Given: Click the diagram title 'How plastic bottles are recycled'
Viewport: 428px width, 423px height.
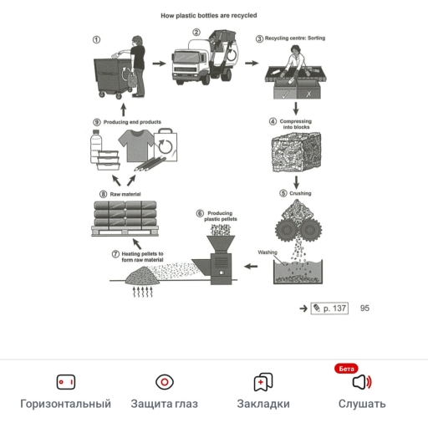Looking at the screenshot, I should click(x=208, y=16).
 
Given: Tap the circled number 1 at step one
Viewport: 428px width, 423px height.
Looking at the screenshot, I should click(x=96, y=38).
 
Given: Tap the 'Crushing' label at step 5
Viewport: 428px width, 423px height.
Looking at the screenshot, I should click(x=299, y=194).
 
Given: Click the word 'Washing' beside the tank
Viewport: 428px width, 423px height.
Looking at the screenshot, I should click(x=267, y=252).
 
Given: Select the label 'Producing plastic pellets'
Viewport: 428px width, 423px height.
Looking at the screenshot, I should click(x=222, y=217).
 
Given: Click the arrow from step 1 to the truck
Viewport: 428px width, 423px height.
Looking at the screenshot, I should click(x=158, y=64).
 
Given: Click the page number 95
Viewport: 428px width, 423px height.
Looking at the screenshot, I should click(x=364, y=308).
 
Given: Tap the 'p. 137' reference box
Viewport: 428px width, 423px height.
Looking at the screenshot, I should click(x=330, y=308).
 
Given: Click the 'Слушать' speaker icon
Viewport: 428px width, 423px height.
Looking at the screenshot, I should click(x=361, y=382).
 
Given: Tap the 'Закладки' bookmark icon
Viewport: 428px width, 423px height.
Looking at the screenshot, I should click(x=263, y=382).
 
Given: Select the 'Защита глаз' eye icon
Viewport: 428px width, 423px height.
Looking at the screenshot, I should click(x=165, y=382).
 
